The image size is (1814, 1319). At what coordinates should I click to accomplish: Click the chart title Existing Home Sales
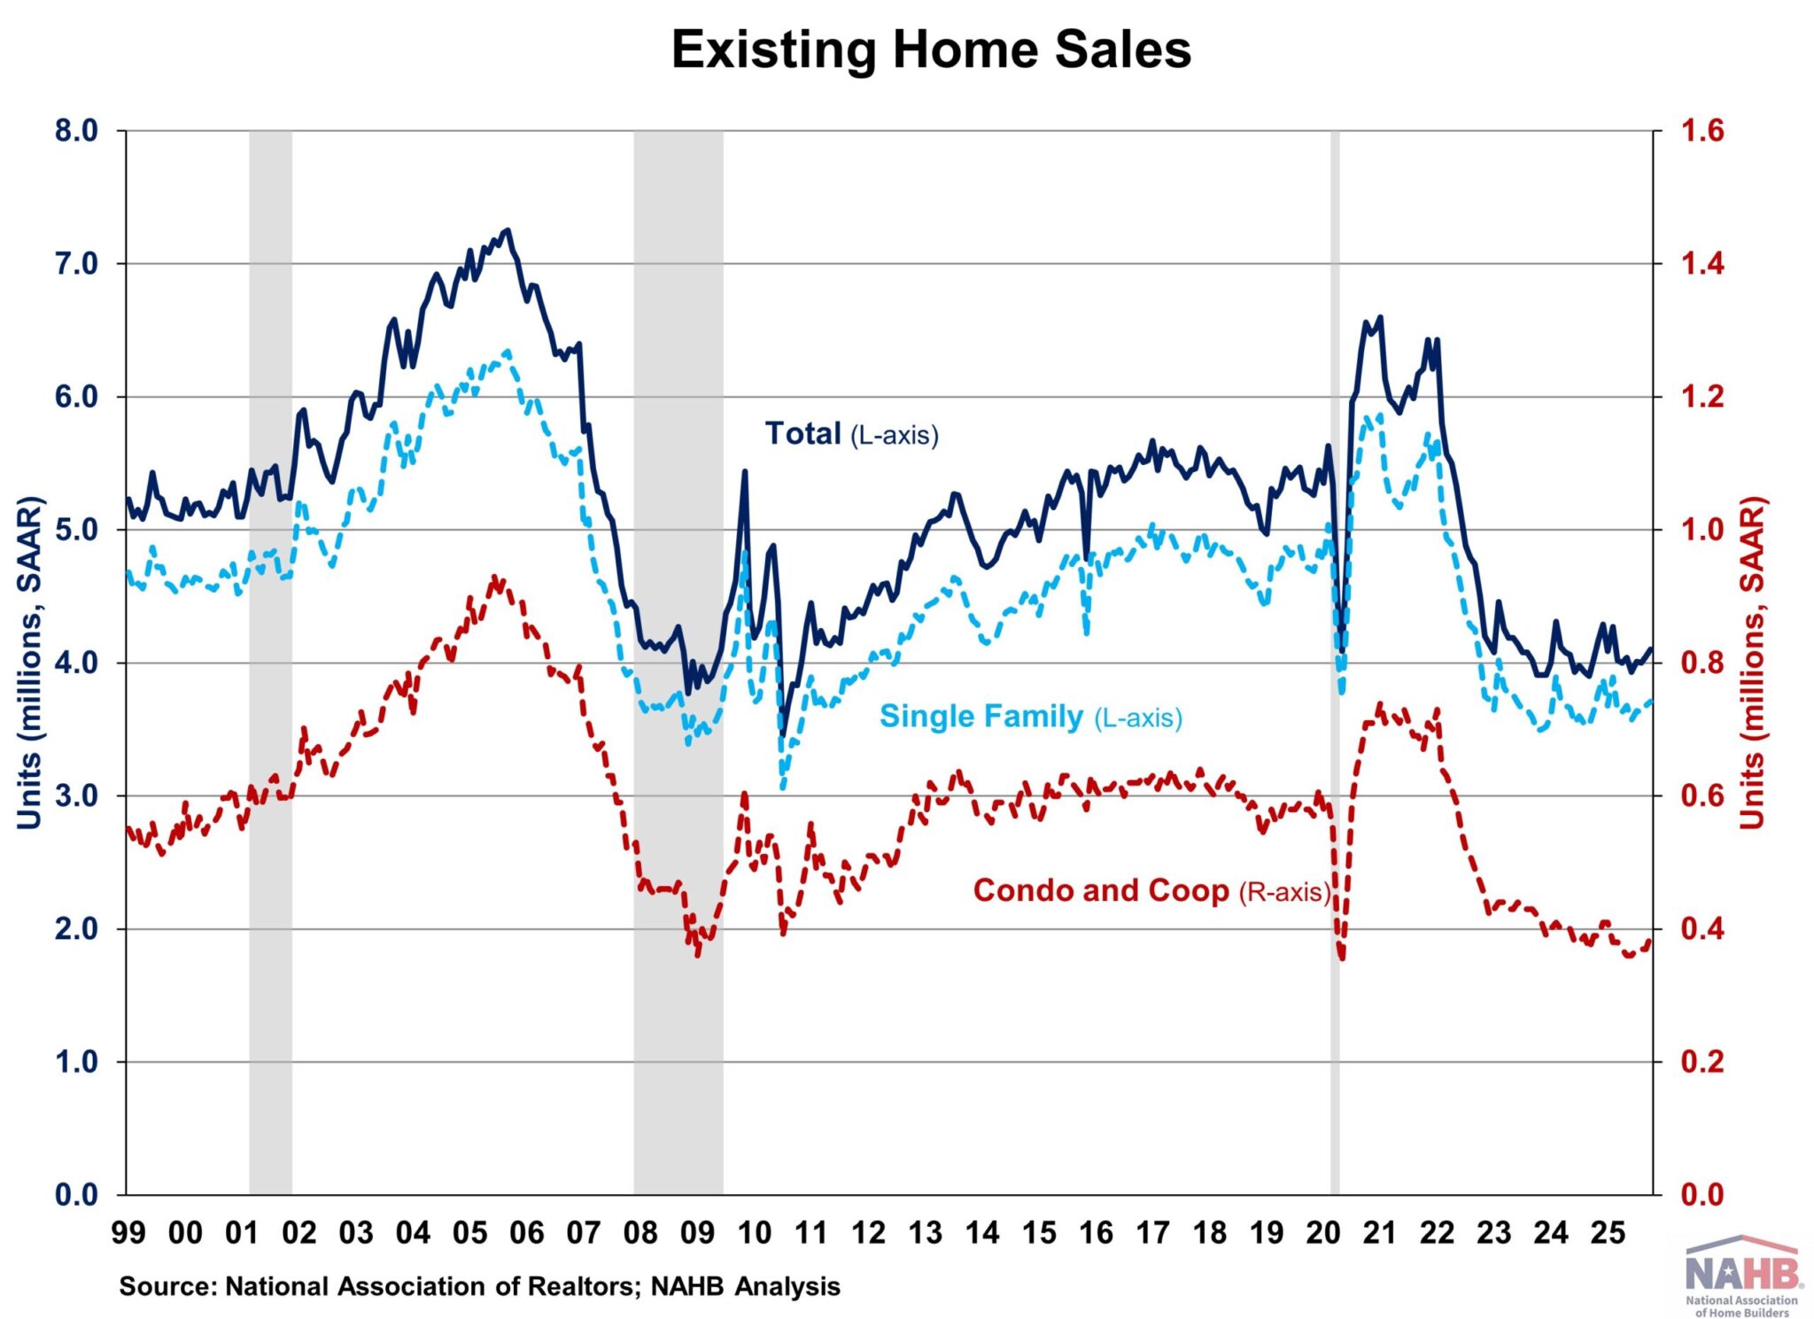931,50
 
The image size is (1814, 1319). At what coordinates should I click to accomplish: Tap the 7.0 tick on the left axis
76,264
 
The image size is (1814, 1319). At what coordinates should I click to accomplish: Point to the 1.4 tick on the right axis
1702,264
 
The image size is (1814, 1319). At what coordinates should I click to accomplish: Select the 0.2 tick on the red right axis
1702,1061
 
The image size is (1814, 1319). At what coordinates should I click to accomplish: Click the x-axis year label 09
697,1232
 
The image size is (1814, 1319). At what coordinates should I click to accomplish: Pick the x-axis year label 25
1608,1232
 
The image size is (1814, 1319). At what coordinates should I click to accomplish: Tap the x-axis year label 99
128,1232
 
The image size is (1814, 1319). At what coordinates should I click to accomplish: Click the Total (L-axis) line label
851,434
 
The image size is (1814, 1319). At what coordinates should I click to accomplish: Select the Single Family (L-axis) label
1030,716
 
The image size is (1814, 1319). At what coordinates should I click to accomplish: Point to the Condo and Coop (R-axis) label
1151,890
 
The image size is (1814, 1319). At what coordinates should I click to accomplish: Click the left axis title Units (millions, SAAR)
29,663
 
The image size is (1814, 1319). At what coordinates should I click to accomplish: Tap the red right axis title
1752,663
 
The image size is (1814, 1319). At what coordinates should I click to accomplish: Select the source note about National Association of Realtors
479,1286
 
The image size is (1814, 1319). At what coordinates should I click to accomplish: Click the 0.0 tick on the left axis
76,1194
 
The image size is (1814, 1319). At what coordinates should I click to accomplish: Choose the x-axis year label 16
1096,1232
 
